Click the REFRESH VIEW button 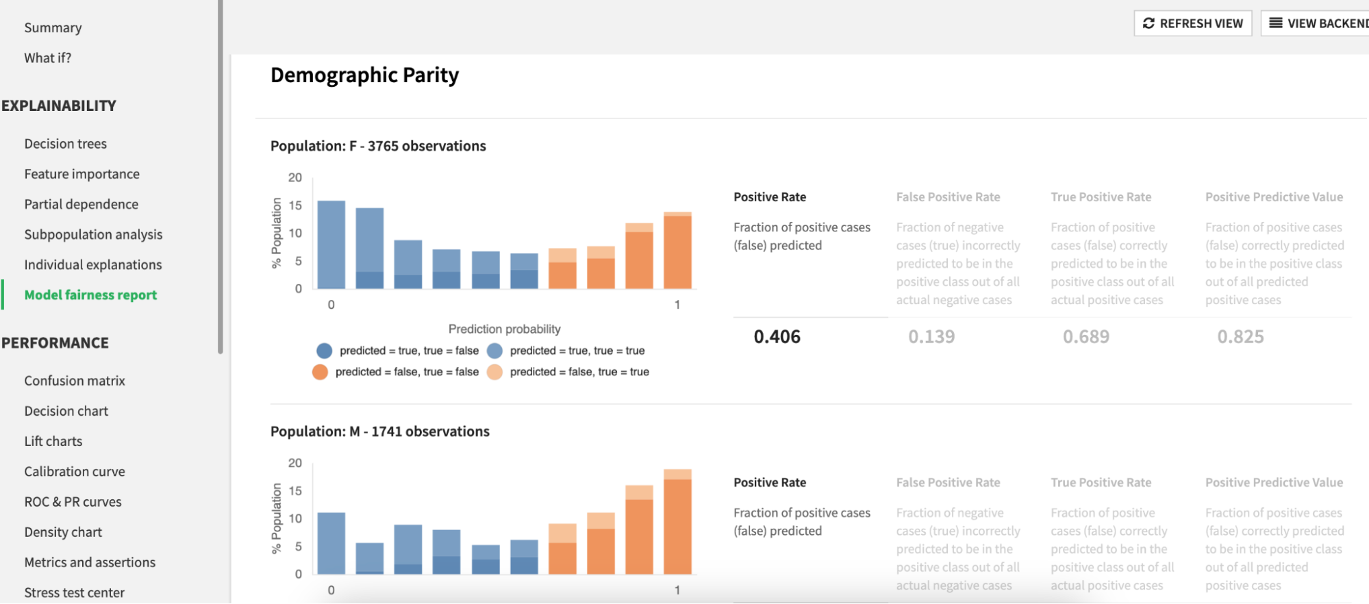tap(1192, 23)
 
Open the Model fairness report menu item tap(90, 294)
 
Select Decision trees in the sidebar tap(66, 144)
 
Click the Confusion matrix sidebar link tap(75, 381)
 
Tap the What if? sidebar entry tap(48, 58)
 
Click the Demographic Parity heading tap(364, 75)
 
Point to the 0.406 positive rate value tap(777, 337)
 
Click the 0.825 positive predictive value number tap(1240, 337)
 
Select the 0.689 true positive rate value tap(1085, 337)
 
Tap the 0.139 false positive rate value tap(931, 337)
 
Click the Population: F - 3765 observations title tap(378, 146)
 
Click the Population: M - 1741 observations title tap(380, 431)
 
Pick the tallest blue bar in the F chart tap(331, 244)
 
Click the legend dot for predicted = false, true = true tap(494, 372)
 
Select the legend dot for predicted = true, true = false tap(325, 351)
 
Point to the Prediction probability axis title tap(504, 329)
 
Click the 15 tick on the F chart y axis tap(295, 205)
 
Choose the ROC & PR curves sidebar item tap(73, 502)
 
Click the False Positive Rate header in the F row tap(948, 197)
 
